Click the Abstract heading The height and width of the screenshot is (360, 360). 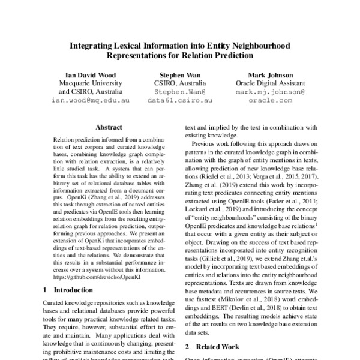pyautogui.click(x=109, y=127)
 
